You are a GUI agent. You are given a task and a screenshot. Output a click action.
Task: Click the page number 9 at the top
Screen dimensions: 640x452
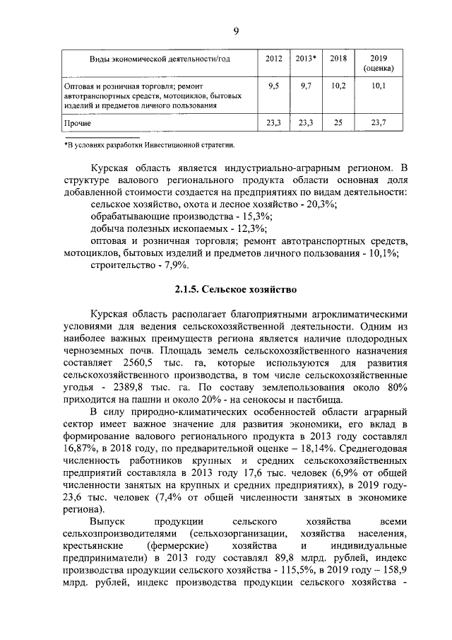click(x=236, y=30)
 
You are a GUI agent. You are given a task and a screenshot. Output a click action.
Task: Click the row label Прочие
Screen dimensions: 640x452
click(x=77, y=123)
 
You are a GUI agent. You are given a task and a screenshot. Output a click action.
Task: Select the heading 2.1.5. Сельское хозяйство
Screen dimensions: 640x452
click(x=236, y=290)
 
